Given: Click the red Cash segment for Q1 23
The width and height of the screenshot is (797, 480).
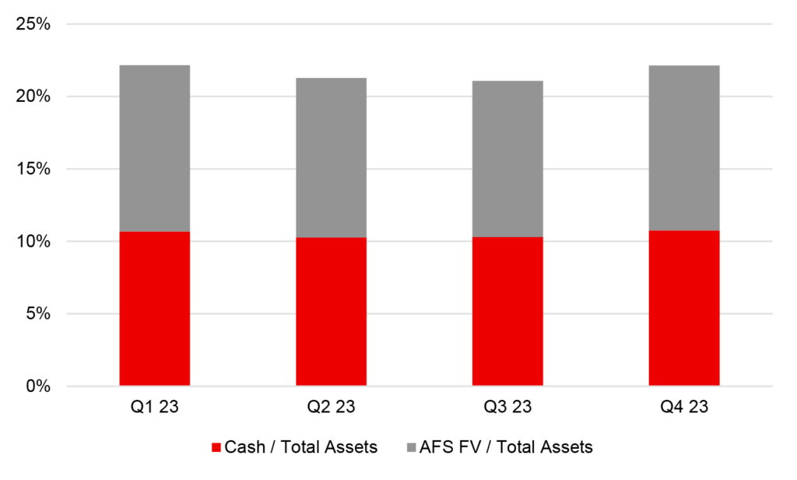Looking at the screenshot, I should click(154, 308).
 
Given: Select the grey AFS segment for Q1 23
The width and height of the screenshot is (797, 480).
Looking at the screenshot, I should click(154, 148).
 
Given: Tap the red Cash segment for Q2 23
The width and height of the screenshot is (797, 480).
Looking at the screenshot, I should click(331, 311).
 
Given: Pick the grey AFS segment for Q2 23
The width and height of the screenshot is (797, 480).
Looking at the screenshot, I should click(331, 157).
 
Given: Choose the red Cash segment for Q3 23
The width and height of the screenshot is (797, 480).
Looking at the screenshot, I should click(507, 311).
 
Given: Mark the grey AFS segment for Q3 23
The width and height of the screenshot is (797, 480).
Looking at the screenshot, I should click(507, 159).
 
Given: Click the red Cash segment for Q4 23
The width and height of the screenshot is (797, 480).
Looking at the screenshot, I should click(684, 307).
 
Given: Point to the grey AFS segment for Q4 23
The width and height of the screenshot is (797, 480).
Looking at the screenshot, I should click(684, 148).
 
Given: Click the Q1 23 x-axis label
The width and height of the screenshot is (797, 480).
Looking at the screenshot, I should click(154, 407).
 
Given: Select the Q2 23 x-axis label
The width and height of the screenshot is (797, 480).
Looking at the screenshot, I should click(331, 407).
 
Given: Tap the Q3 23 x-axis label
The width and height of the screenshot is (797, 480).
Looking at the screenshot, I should click(507, 407).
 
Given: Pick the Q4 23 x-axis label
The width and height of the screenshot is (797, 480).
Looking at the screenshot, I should click(684, 407).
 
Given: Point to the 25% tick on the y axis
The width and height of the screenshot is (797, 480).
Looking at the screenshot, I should click(33, 24).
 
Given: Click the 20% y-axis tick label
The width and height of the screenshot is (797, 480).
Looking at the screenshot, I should click(33, 96).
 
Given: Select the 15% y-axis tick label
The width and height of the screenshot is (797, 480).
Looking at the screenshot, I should click(33, 169).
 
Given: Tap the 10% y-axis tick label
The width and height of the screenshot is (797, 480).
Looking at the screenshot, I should click(33, 241).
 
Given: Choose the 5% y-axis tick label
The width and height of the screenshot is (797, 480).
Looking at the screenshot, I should click(38, 314).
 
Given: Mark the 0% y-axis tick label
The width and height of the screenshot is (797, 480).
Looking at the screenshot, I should click(38, 386).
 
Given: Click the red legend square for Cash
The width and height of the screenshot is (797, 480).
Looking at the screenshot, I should click(216, 447).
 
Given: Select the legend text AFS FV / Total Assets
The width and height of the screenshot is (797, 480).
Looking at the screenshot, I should click(507, 447).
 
